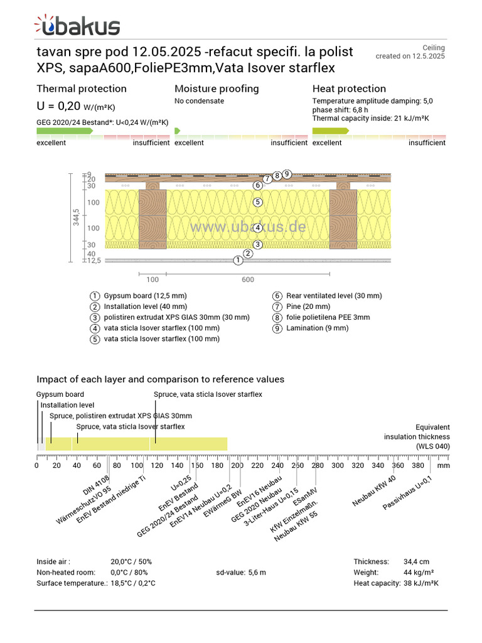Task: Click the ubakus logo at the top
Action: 77,25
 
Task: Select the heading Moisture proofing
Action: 217,89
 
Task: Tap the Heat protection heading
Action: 349,89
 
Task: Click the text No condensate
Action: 199,101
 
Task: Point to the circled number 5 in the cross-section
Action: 257,202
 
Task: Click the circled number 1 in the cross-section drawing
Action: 238,261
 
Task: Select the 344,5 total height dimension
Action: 76,217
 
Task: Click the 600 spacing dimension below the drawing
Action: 248,279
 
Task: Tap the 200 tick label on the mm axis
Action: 237,465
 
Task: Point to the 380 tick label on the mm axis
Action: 418,465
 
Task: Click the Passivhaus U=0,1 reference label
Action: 407,492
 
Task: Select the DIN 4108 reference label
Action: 96,485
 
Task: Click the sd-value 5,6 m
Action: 241,573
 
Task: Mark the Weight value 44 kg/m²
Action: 419,573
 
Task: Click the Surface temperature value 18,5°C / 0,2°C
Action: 133,583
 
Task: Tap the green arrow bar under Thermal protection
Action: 65,131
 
